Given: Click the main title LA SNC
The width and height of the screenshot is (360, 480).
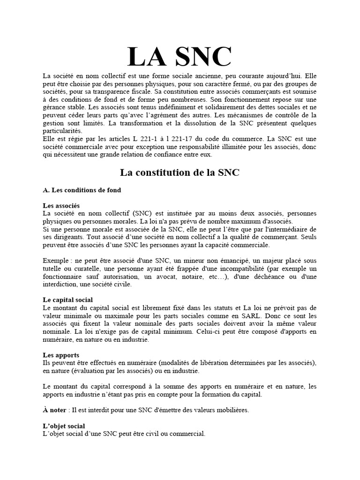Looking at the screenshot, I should (180, 57).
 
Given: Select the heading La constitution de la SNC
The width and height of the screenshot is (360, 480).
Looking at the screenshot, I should (180, 172).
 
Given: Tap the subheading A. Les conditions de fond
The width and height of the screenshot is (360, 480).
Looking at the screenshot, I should (82, 190).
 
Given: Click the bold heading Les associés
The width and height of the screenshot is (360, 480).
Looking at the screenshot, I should (61, 206).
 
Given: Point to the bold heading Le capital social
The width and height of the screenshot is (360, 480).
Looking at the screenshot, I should (67, 300).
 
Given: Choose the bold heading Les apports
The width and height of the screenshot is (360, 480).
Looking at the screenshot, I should (60, 355).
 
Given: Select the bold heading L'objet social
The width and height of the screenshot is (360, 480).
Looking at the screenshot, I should (64, 426).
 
